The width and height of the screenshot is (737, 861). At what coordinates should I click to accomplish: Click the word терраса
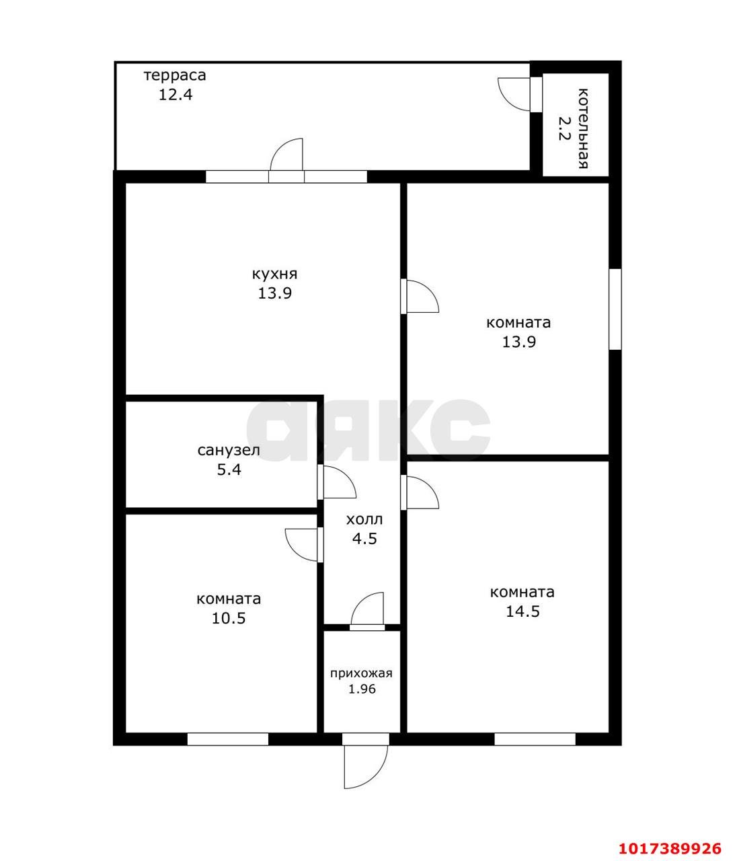175,75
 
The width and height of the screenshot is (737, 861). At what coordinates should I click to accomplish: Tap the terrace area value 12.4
176,95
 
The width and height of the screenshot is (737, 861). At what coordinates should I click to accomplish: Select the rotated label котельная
584,128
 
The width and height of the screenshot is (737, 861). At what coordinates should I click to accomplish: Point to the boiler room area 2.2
564,128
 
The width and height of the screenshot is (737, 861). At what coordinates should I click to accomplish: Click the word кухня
275,274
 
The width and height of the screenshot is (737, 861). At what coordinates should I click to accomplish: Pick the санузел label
229,450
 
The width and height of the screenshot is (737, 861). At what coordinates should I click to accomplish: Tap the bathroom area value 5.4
229,470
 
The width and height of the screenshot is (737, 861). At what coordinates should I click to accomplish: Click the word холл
364,519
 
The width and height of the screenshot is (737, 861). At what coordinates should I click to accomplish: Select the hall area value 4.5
364,539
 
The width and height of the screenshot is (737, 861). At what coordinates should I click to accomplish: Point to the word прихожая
361,673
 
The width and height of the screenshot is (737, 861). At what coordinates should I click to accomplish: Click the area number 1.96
362,689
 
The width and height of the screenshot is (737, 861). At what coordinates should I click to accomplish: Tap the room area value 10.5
229,617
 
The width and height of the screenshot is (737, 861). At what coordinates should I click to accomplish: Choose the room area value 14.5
522,611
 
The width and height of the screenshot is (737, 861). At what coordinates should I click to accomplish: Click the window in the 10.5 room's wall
228,739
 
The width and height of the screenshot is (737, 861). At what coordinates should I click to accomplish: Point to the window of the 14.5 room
535,739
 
